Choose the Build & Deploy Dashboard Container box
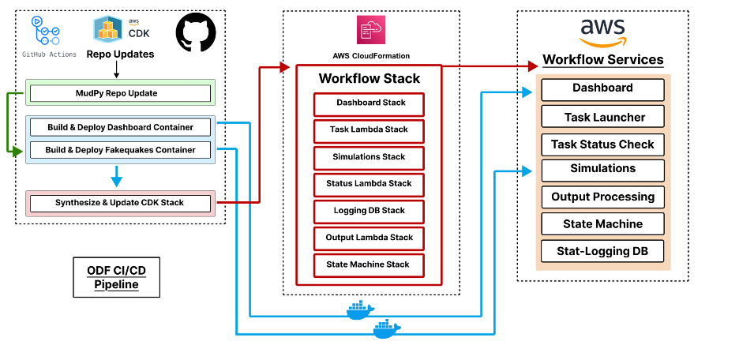[121, 127]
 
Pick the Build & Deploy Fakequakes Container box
[121, 149]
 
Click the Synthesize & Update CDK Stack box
[121, 203]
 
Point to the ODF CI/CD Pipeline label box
[116, 277]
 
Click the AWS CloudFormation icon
[369, 31]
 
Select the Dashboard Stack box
[369, 103]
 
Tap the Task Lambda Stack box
[369, 130]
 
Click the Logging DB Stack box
[369, 212]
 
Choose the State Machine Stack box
[369, 264]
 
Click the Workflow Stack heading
[369, 79]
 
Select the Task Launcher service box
[603, 118]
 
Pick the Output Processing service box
[603, 197]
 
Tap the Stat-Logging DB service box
[603, 252]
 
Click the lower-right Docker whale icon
[386, 328]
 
